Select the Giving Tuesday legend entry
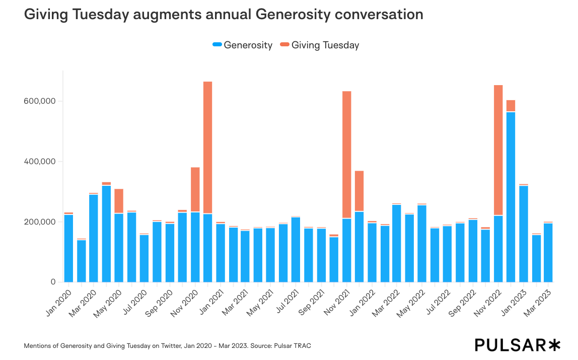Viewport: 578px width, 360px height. pos(320,45)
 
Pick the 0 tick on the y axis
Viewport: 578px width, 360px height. pos(52,282)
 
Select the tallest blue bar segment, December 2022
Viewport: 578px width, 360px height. pos(511,197)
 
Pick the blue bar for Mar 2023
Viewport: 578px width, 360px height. pos(548,252)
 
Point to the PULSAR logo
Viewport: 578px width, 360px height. pos(518,345)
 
